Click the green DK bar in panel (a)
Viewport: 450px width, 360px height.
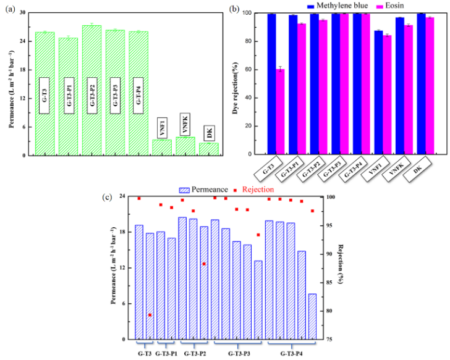pyautogui.click(x=209, y=149)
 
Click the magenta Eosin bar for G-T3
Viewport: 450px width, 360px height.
pyautogui.click(x=280, y=111)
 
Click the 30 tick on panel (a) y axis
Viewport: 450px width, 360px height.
pyautogui.click(x=23, y=13)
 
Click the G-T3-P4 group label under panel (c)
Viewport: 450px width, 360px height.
pyautogui.click(x=291, y=354)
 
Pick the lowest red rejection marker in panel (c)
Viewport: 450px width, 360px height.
pyautogui.click(x=150, y=315)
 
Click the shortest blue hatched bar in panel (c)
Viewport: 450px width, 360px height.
pyautogui.click(x=312, y=316)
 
